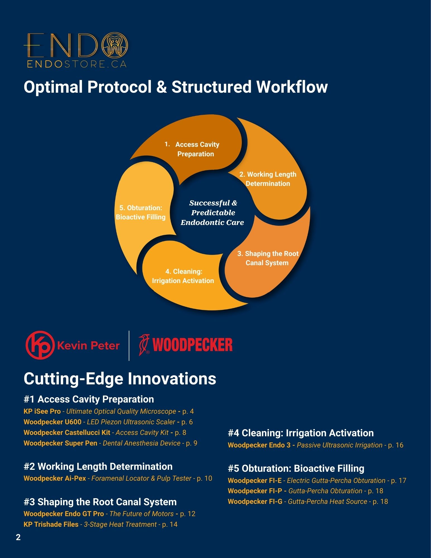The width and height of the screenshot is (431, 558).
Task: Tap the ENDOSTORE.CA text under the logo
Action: coord(77,64)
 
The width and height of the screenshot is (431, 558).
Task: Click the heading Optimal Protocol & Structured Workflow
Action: coord(175,87)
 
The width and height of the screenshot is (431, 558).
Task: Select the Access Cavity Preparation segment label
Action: coord(195,149)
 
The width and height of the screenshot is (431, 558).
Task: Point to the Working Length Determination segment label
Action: coord(268,179)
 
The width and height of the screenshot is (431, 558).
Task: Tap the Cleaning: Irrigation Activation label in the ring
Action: coord(183,276)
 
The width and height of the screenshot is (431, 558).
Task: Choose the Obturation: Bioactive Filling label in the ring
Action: coord(141,212)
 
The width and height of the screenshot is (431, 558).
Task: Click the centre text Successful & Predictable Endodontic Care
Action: coord(213,213)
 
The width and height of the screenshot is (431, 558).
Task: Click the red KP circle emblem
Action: coord(40,345)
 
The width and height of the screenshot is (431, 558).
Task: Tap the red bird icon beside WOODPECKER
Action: coord(144,345)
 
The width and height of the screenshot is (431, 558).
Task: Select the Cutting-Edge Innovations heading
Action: coord(120,379)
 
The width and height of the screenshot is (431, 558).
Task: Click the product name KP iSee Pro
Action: coord(42,411)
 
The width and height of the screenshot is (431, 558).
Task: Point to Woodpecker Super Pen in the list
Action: coord(61,443)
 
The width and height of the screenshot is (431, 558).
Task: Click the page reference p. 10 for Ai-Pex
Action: coord(204,478)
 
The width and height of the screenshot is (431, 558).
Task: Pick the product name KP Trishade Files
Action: coord(51,524)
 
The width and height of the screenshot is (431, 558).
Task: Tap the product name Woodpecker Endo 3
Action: coord(259,445)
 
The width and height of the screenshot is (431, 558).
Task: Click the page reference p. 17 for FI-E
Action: coord(399,480)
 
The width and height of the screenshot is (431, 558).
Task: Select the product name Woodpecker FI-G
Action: coord(255,501)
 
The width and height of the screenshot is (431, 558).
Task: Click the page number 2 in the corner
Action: coord(18,537)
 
